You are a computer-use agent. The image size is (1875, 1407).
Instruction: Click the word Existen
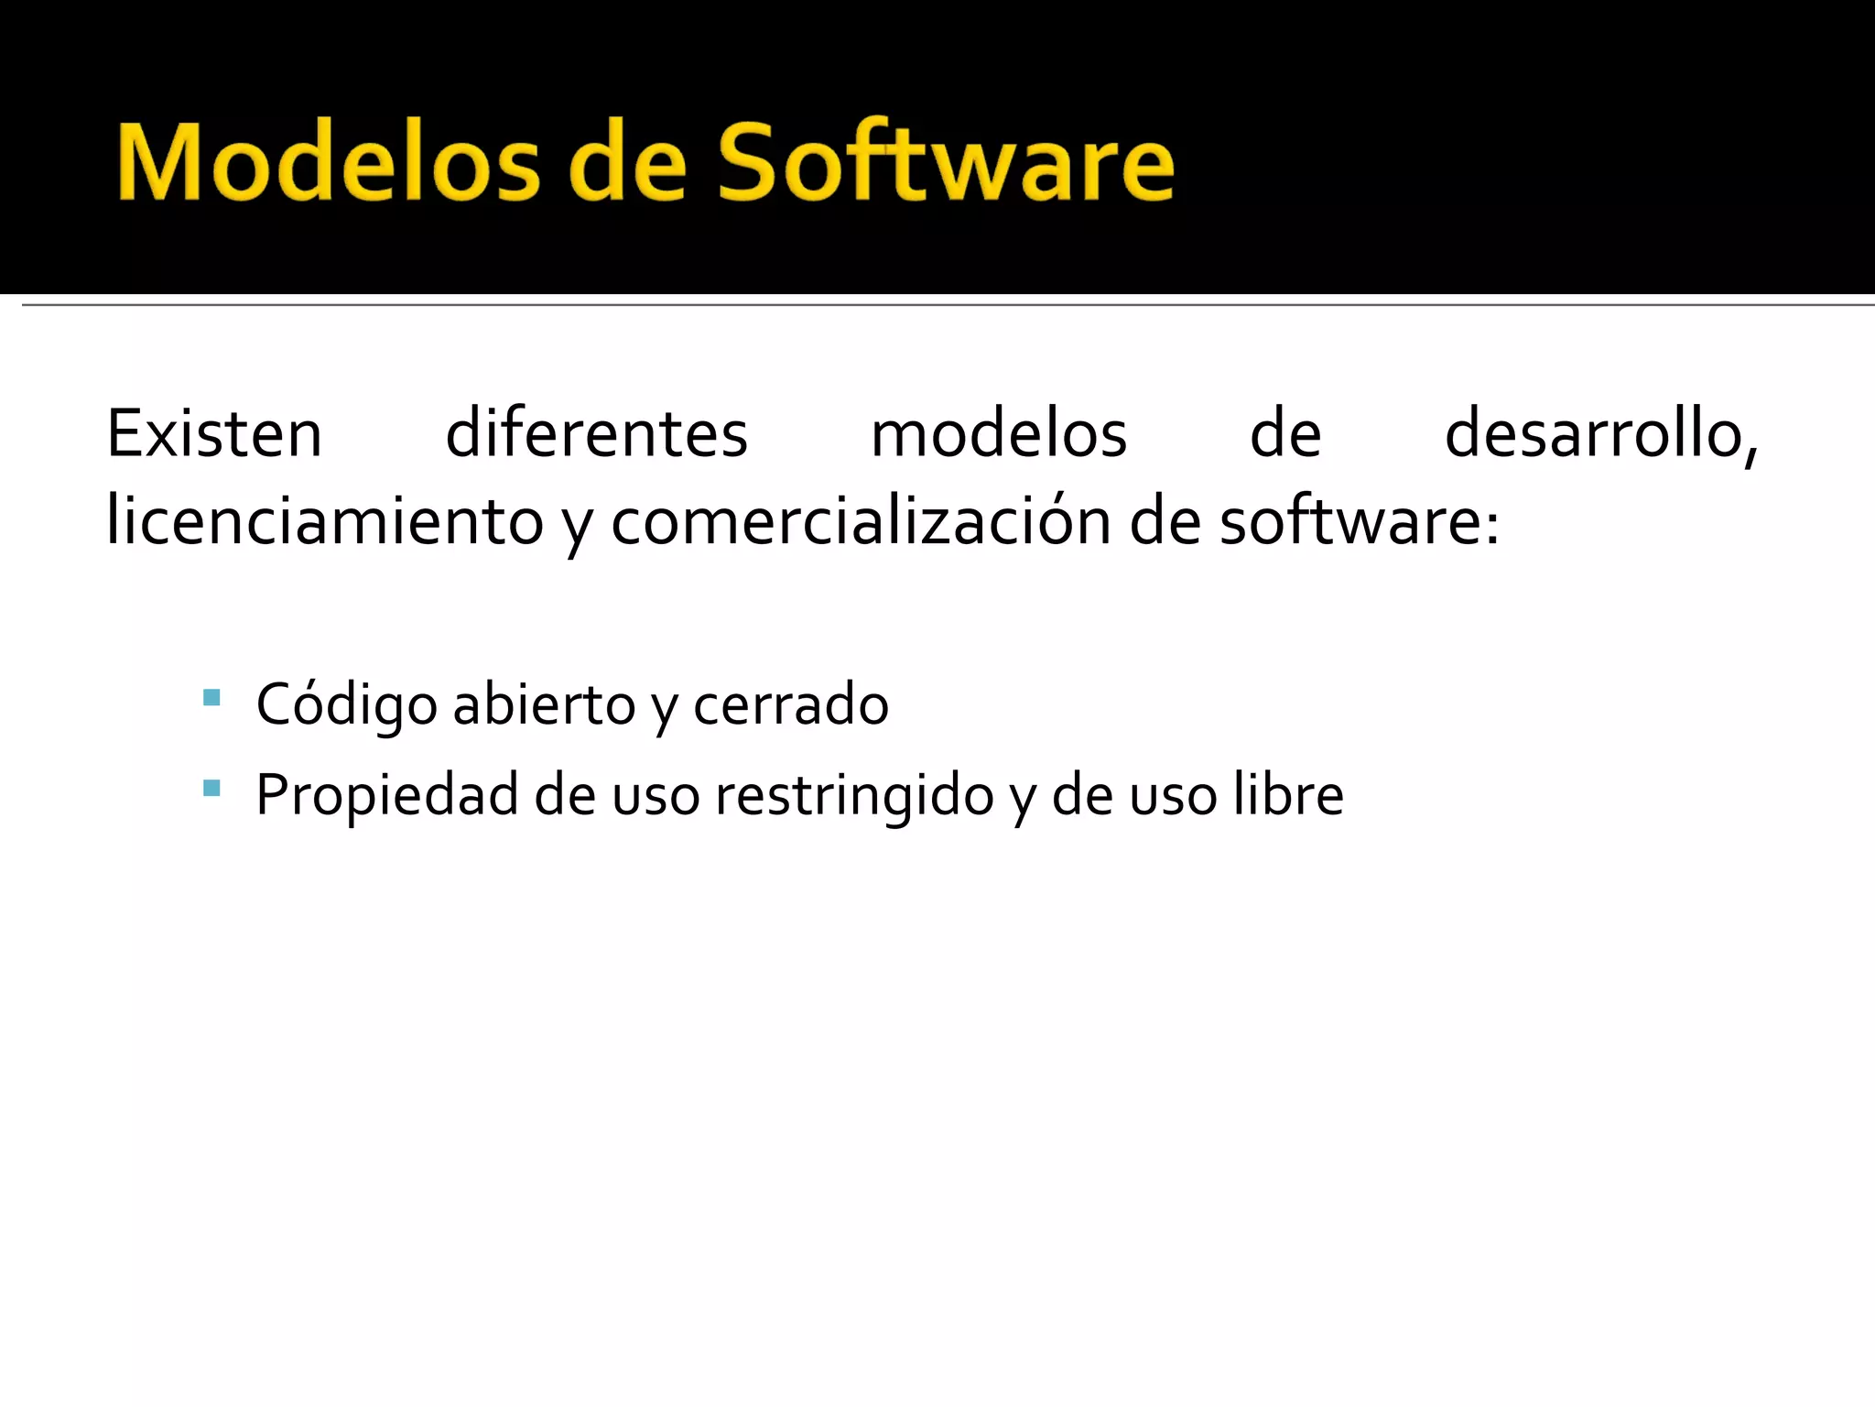pyautogui.click(x=214, y=434)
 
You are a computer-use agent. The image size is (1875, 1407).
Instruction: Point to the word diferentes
pyautogui.click(x=596, y=434)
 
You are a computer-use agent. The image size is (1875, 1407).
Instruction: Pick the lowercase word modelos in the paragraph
pyautogui.click(x=998, y=434)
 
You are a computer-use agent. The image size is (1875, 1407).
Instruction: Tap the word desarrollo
pyautogui.click(x=1593, y=434)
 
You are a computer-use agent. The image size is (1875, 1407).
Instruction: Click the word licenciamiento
pyautogui.click(x=325, y=522)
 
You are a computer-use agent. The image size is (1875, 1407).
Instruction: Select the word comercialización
pyautogui.click(x=860, y=522)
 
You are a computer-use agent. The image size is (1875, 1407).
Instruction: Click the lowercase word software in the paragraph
pyautogui.click(x=1350, y=522)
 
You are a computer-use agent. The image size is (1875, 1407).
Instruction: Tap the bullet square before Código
pyautogui.click(x=211, y=698)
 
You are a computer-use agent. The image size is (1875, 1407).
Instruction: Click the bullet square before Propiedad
pyautogui.click(x=211, y=788)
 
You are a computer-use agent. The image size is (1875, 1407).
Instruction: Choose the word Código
pyautogui.click(x=346, y=705)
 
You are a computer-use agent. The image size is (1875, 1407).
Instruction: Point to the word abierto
pyautogui.click(x=544, y=704)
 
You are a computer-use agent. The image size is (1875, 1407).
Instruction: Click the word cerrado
pyautogui.click(x=790, y=704)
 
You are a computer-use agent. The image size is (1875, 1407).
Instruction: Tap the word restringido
pyautogui.click(x=854, y=795)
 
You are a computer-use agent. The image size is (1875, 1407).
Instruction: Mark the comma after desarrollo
pyautogui.click(x=1750, y=455)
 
